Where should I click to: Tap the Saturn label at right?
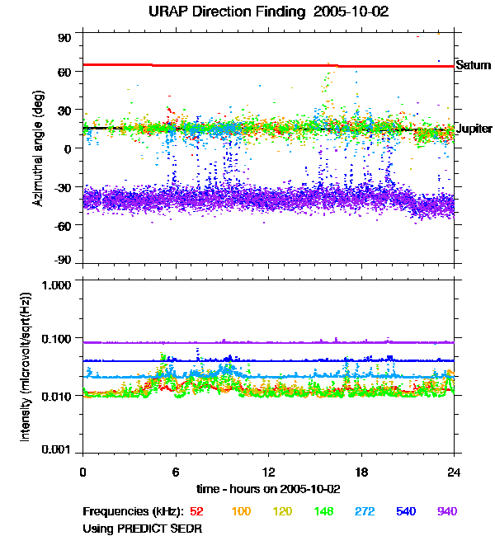[x=473, y=65]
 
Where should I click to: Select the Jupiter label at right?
[x=474, y=129]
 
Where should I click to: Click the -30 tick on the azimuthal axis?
[x=64, y=186]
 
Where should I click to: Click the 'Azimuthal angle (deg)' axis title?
[x=39, y=148]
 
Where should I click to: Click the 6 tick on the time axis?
[x=176, y=473]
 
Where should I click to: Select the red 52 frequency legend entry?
[x=198, y=511]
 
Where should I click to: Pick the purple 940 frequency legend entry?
[x=446, y=511]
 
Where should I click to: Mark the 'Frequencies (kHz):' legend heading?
[x=132, y=511]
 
